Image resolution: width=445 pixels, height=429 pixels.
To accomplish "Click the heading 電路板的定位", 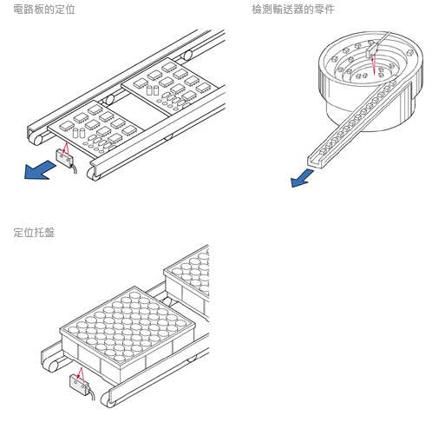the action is [x=44, y=10].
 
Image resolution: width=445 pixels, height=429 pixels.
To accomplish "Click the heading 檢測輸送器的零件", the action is [x=293, y=10].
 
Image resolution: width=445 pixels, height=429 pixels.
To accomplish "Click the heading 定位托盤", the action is [x=34, y=232].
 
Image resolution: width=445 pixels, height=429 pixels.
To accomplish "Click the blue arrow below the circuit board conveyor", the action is [x=39, y=171].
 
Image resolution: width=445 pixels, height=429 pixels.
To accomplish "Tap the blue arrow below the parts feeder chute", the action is [x=302, y=178].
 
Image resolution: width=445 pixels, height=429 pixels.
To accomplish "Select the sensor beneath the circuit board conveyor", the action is [x=64, y=157].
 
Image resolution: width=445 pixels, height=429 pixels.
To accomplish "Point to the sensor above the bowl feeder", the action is [x=372, y=49].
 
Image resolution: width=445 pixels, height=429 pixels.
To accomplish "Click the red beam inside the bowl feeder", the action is [x=374, y=65].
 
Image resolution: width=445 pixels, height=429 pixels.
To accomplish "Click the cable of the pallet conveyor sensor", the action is [x=92, y=393].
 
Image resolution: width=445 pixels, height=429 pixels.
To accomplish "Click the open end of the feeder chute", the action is [x=314, y=162].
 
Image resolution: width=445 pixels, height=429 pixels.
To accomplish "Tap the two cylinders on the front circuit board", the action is [x=78, y=133].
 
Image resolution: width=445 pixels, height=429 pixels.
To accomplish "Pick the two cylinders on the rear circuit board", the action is [x=153, y=90].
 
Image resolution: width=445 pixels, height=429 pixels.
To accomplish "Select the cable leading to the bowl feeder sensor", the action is [x=383, y=37].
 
